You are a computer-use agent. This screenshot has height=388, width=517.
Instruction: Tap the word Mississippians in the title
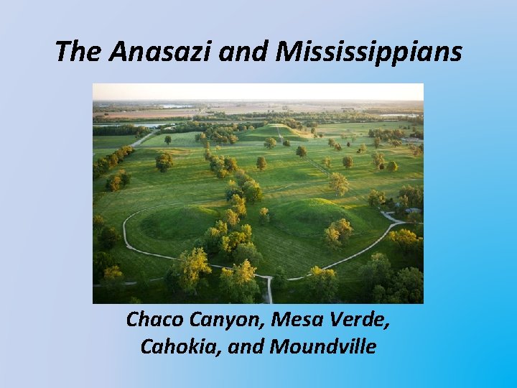[369, 51]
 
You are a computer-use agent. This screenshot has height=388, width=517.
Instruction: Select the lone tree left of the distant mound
[168, 140]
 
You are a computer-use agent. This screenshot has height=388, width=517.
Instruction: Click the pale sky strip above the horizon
[258, 92]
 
